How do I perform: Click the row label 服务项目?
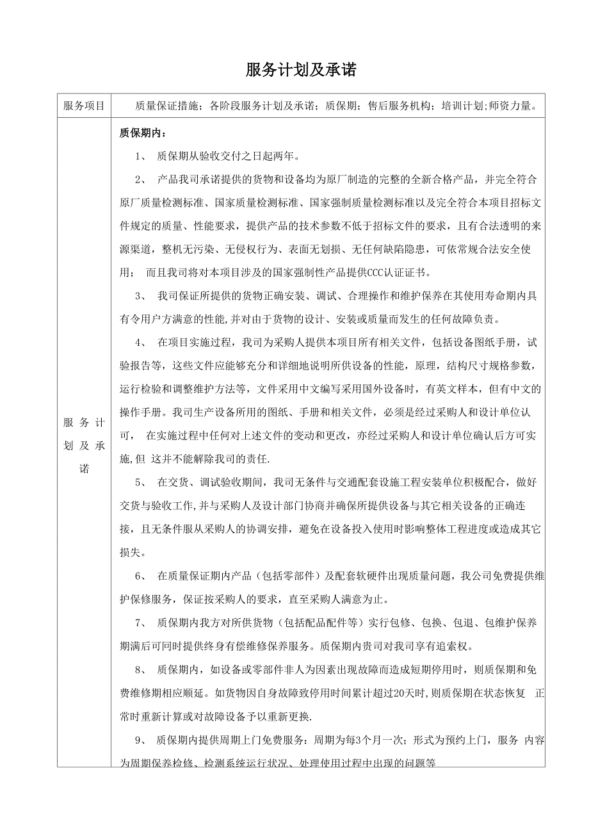tap(84, 106)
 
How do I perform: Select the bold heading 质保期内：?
tap(142, 133)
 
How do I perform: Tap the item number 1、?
tap(141, 157)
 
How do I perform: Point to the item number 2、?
tap(141, 179)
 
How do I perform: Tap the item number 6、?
tap(141, 576)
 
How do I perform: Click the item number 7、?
tap(141, 623)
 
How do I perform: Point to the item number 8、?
tap(141, 670)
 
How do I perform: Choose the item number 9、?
tap(141, 740)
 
